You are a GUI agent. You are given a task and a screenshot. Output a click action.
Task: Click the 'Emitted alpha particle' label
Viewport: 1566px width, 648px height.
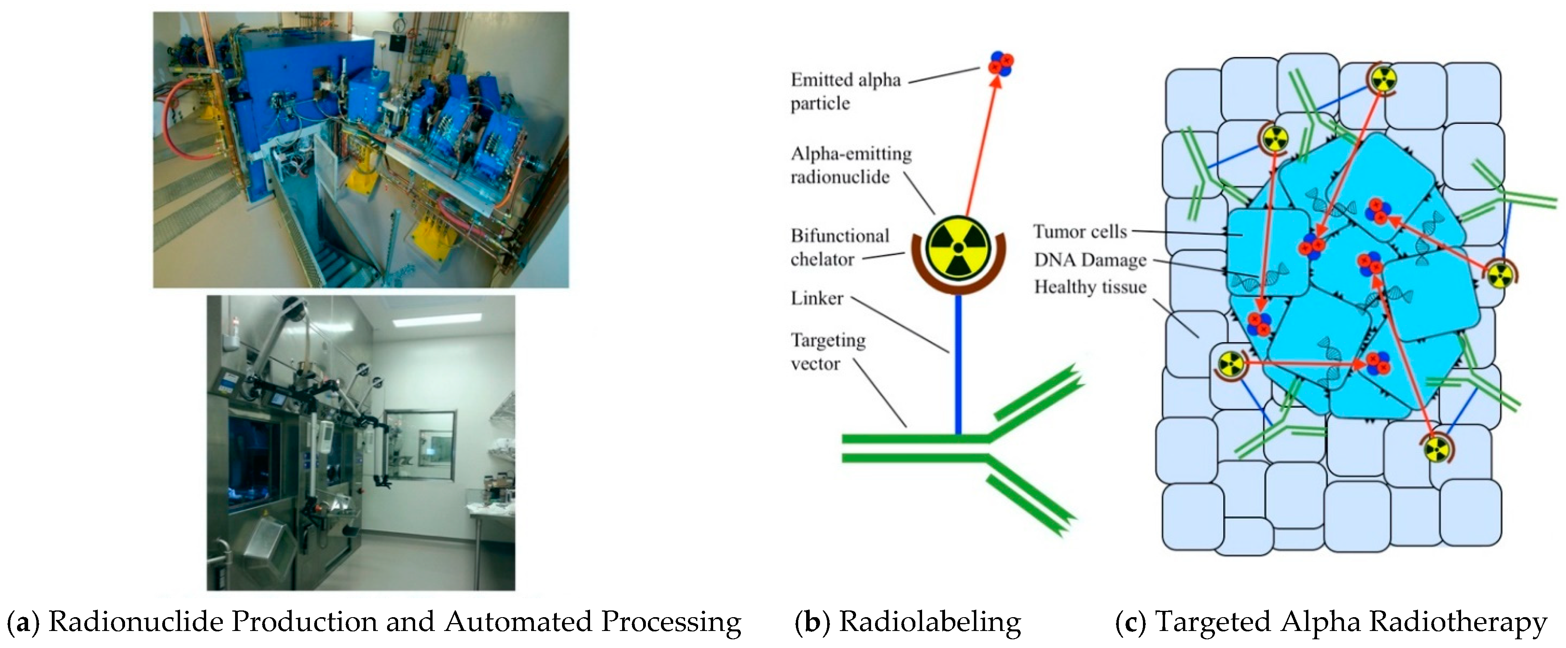click(845, 91)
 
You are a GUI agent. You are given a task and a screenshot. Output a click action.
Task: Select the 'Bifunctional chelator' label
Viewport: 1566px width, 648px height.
click(839, 247)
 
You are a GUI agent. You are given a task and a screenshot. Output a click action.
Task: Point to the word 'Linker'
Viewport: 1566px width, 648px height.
click(816, 298)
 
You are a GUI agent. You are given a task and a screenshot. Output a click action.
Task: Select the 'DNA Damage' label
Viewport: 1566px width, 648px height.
click(1090, 260)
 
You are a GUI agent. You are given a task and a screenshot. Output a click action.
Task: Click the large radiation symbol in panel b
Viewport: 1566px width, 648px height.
click(958, 247)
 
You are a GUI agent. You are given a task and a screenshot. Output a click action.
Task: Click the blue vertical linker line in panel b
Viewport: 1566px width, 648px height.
click(958, 365)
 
